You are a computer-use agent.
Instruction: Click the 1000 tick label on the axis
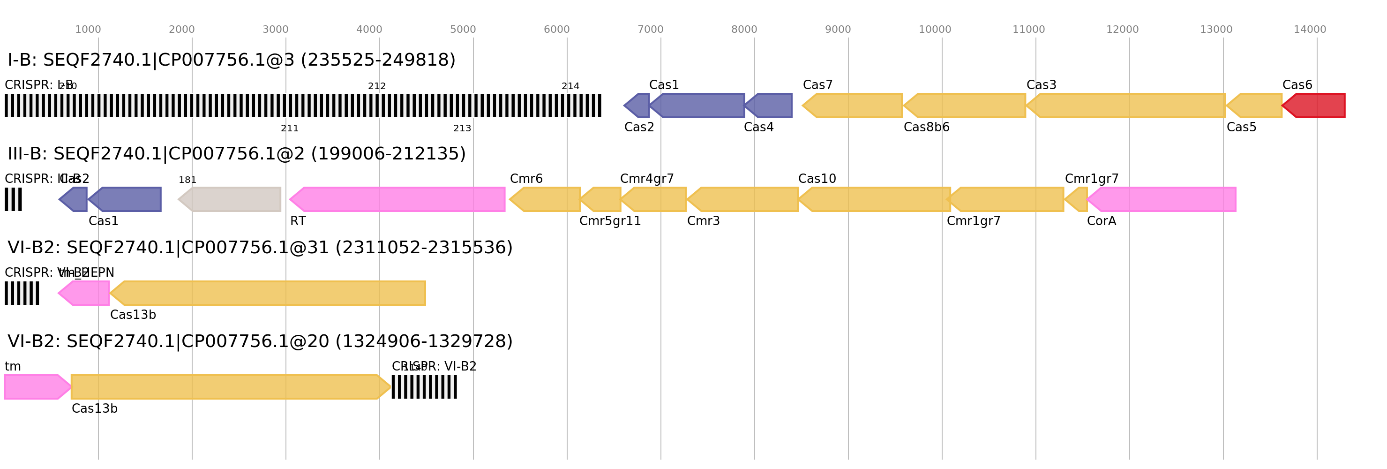88,30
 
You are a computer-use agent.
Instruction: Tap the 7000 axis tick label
651,30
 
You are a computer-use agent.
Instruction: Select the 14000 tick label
1310,30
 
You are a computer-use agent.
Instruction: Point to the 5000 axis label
463,30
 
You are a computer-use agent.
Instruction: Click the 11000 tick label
1028,30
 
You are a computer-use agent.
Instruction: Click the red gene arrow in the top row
1315,106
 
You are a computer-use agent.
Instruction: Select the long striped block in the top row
303,106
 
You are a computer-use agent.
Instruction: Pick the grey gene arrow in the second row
231,199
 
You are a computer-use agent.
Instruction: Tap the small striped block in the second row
14,199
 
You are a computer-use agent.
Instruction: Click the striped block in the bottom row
424,386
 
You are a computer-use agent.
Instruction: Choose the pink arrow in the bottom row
36,386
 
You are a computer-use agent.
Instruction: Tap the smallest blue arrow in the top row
637,106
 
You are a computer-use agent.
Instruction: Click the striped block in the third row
22,293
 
